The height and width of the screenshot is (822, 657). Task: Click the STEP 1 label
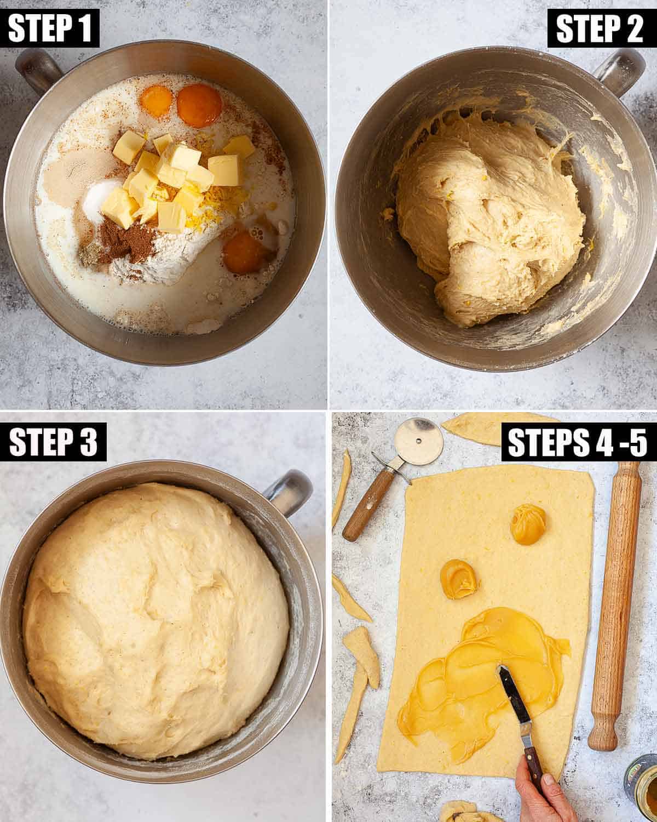pos(50,28)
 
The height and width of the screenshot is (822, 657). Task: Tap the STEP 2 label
pos(602,28)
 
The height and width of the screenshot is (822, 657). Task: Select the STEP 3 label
pos(53,442)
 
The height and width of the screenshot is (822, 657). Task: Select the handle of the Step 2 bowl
pos(620,72)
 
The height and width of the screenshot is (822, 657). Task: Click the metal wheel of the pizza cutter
pos(419,441)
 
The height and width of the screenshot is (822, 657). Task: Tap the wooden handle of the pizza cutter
pos(367,505)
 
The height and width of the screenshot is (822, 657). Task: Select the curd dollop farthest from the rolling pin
pos(458,579)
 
